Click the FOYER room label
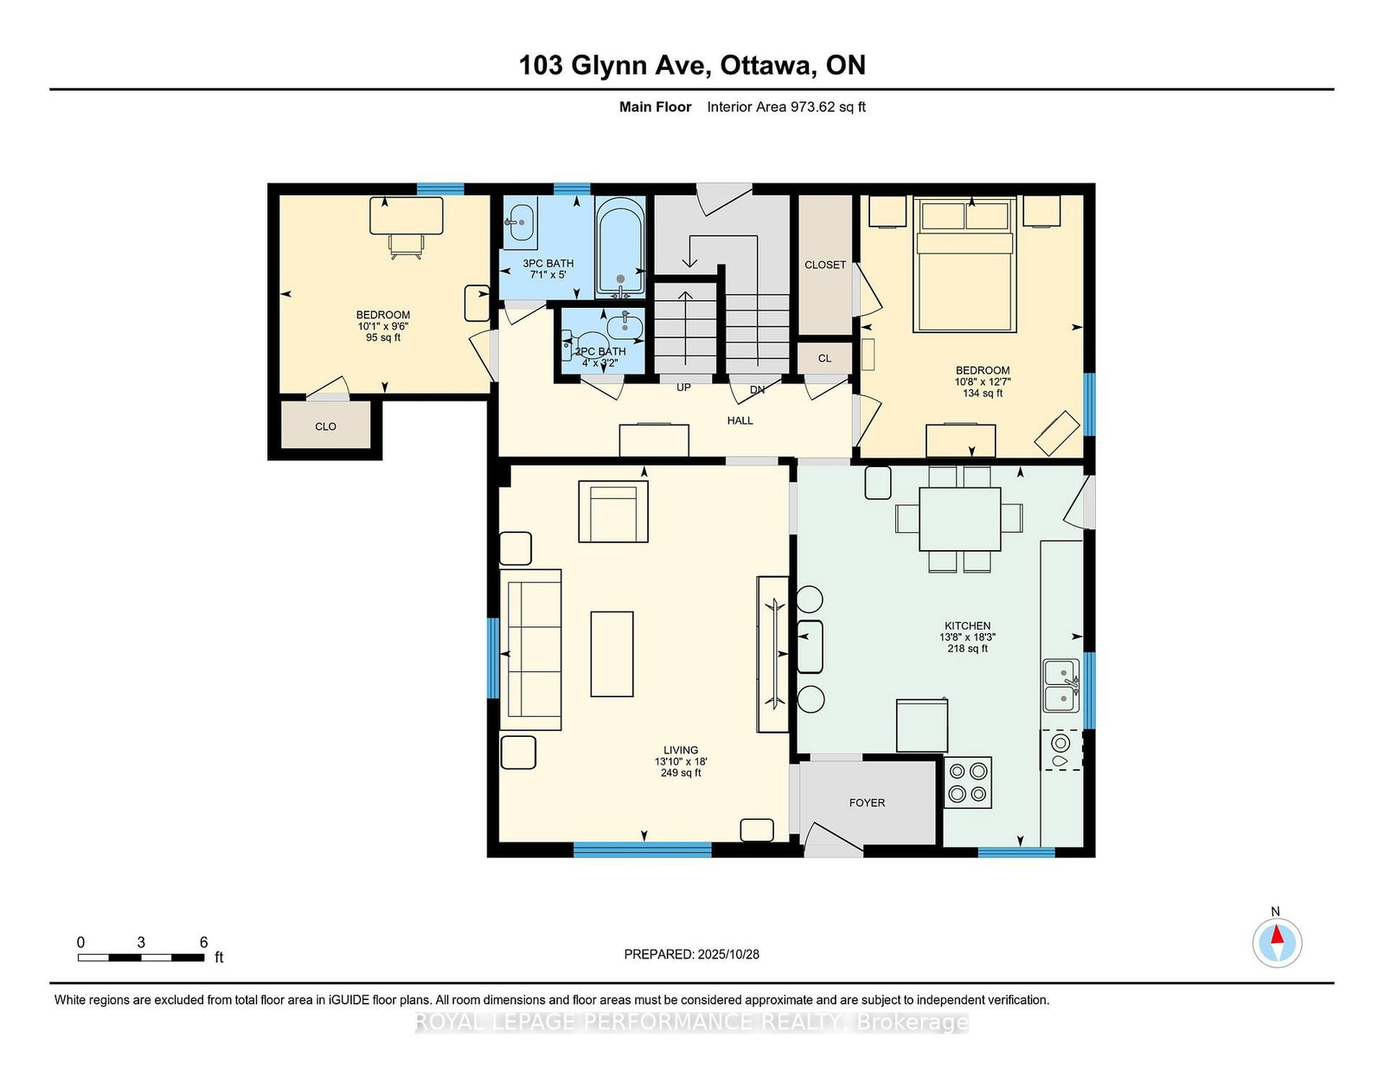coord(867,803)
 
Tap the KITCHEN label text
coord(967,625)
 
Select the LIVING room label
coord(681,750)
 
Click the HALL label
coord(740,420)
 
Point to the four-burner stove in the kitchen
coord(967,782)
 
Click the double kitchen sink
coord(1061,685)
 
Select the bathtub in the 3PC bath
coord(620,247)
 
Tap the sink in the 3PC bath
coord(521,223)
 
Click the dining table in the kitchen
coord(960,519)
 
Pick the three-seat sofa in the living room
coord(530,650)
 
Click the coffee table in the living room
coord(612,654)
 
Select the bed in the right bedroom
coord(964,265)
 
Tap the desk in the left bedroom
coord(407,215)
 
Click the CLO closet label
coord(325,426)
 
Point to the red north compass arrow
coord(1277,934)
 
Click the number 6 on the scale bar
coord(204,942)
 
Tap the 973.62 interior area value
coord(812,107)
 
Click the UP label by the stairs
coord(683,388)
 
